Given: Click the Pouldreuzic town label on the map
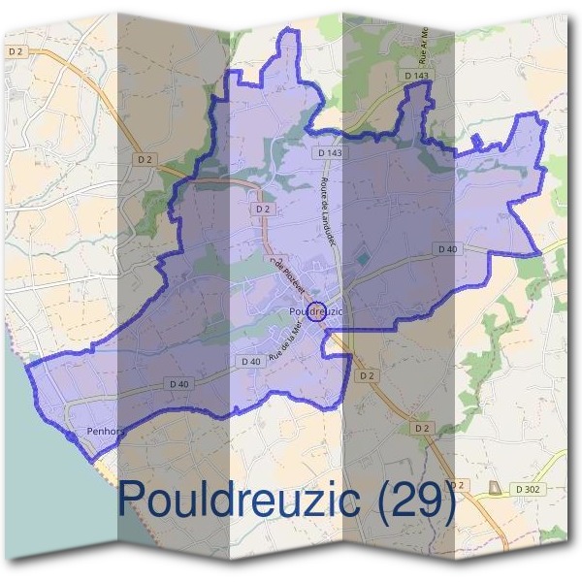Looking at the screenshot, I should pyautogui.click(x=316, y=310).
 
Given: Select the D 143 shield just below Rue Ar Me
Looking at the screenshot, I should pyautogui.click(x=414, y=75).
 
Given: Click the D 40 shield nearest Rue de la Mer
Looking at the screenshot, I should pyautogui.click(x=249, y=362).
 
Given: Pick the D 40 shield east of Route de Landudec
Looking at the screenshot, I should pyautogui.click(x=447, y=249).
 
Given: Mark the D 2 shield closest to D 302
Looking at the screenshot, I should pyautogui.click(x=459, y=485).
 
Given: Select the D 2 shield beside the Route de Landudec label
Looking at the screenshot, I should pyautogui.click(x=261, y=209).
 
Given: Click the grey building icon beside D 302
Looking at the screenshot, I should pyautogui.click(x=499, y=486).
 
